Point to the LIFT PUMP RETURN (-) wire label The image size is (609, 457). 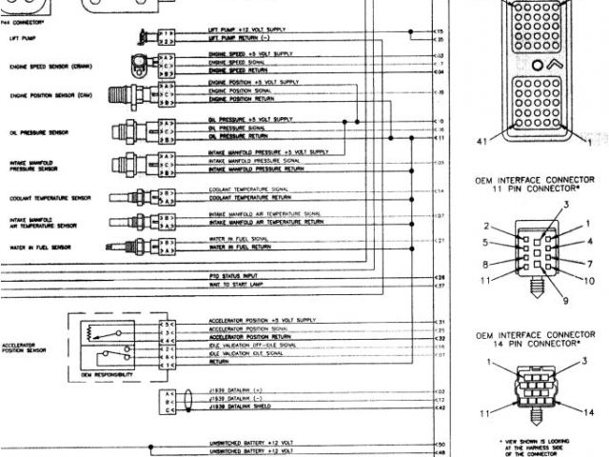click(239, 40)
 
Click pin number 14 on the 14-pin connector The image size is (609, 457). click(590, 412)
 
